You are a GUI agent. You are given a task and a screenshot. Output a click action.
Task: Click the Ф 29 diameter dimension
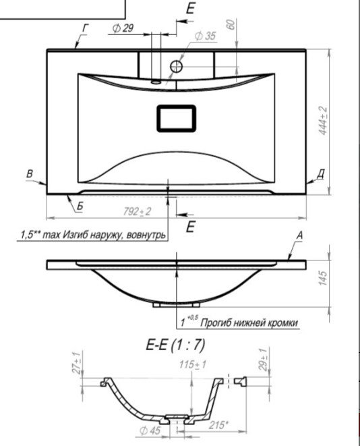click(123, 28)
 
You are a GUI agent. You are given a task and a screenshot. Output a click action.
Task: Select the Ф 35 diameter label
click(205, 36)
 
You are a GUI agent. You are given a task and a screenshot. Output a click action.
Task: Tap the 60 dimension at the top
click(231, 24)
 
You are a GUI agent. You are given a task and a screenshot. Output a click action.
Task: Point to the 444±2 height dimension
click(322, 121)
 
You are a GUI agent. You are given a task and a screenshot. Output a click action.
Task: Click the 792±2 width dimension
click(138, 211)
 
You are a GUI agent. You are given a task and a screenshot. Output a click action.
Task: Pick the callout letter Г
click(85, 28)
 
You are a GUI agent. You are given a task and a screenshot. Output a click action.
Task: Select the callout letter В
click(30, 173)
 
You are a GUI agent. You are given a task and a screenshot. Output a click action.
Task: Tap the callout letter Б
click(80, 206)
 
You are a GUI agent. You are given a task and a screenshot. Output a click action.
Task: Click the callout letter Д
click(320, 174)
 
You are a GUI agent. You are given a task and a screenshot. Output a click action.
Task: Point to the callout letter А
click(299, 235)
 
